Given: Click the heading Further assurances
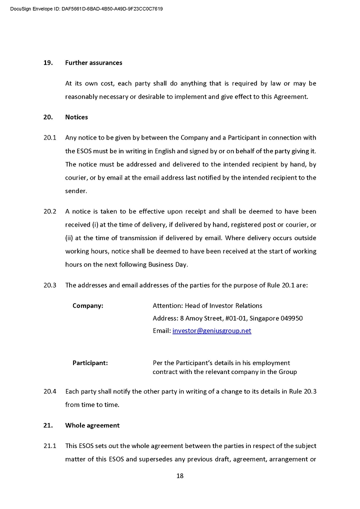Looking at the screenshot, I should click(x=93, y=63).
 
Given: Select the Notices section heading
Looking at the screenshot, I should click(x=76, y=117).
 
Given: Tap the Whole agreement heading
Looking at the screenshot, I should click(x=92, y=425).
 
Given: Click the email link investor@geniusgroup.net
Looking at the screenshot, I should click(x=211, y=331).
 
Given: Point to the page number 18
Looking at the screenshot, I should click(x=180, y=476).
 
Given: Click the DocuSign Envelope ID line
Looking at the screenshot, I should click(x=86, y=9).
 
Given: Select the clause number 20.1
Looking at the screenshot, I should click(x=50, y=138).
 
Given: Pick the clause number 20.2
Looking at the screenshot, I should click(x=50, y=211).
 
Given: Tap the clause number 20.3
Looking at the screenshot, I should click(x=50, y=285).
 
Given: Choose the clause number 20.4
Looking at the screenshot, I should click(x=50, y=391).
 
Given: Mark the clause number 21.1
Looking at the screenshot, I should click(x=50, y=446).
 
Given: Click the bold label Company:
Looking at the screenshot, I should click(x=88, y=305).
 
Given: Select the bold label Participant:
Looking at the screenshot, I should click(x=90, y=363).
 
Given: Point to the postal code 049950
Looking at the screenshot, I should click(x=290, y=318).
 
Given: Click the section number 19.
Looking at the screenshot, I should click(x=48, y=63).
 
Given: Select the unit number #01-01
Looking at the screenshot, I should click(x=238, y=318).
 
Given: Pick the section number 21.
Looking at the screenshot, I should click(x=48, y=425).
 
